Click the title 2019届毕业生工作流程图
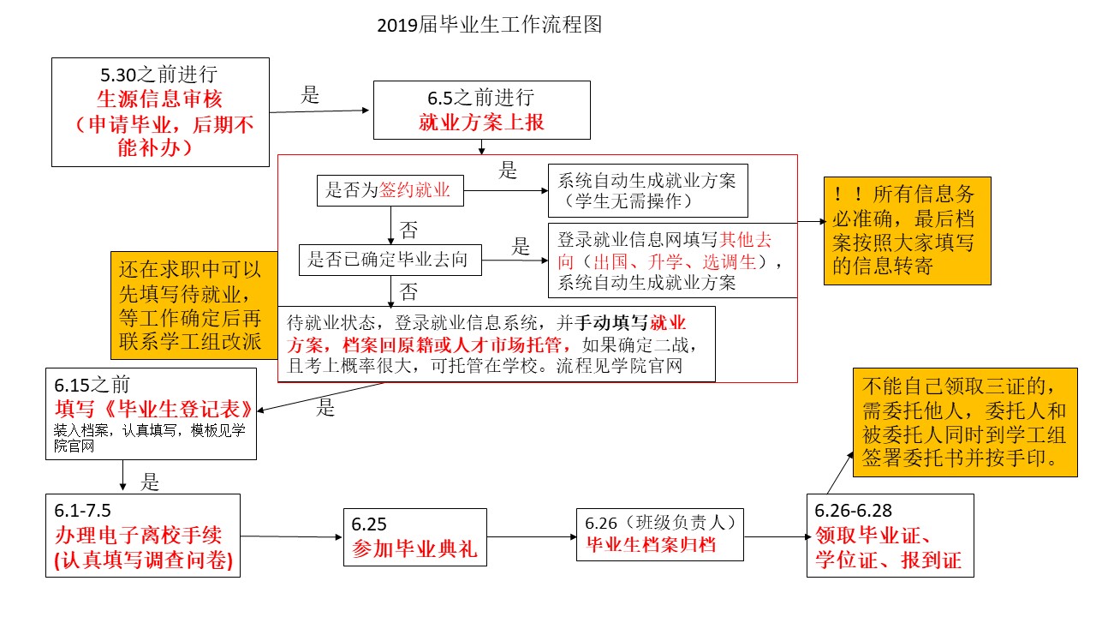(x=490, y=25)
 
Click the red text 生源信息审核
(x=159, y=99)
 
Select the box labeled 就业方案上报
(x=481, y=110)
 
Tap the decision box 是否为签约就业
(x=390, y=190)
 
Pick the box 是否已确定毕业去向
(x=389, y=260)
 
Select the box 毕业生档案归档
(x=659, y=534)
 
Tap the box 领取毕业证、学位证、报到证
(x=890, y=536)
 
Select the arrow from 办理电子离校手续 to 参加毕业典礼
(x=291, y=537)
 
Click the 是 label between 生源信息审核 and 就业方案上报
(x=309, y=95)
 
